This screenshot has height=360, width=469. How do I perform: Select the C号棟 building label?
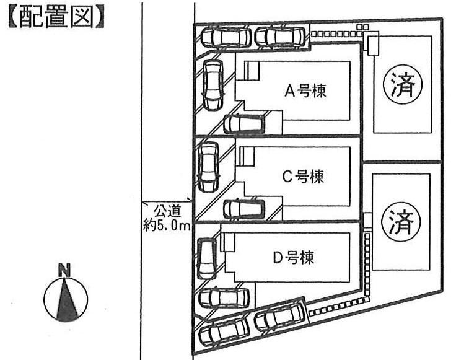(x=304, y=177)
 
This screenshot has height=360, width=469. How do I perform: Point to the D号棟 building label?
(x=293, y=257)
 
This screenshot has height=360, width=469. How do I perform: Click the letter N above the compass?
(x=64, y=270)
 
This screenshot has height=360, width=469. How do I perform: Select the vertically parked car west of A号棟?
(x=212, y=86)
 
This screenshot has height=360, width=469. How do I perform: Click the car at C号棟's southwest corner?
(x=243, y=208)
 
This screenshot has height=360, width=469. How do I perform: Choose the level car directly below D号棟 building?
(x=225, y=299)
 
